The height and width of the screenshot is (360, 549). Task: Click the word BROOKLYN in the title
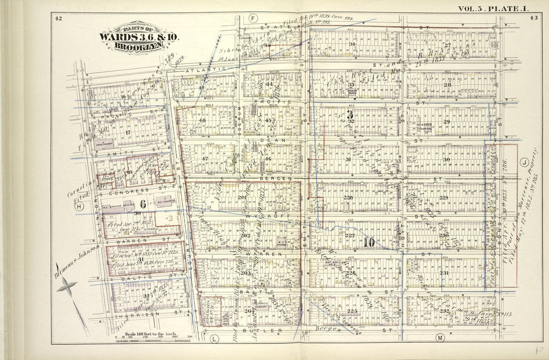(139, 46)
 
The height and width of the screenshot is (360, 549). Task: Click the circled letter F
(253, 18)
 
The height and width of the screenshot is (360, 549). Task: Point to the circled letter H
(80, 206)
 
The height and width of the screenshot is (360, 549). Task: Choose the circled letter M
(440, 338)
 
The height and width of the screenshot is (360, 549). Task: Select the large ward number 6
(143, 203)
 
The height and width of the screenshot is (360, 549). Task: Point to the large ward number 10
(369, 242)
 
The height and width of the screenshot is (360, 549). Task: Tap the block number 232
(444, 311)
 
